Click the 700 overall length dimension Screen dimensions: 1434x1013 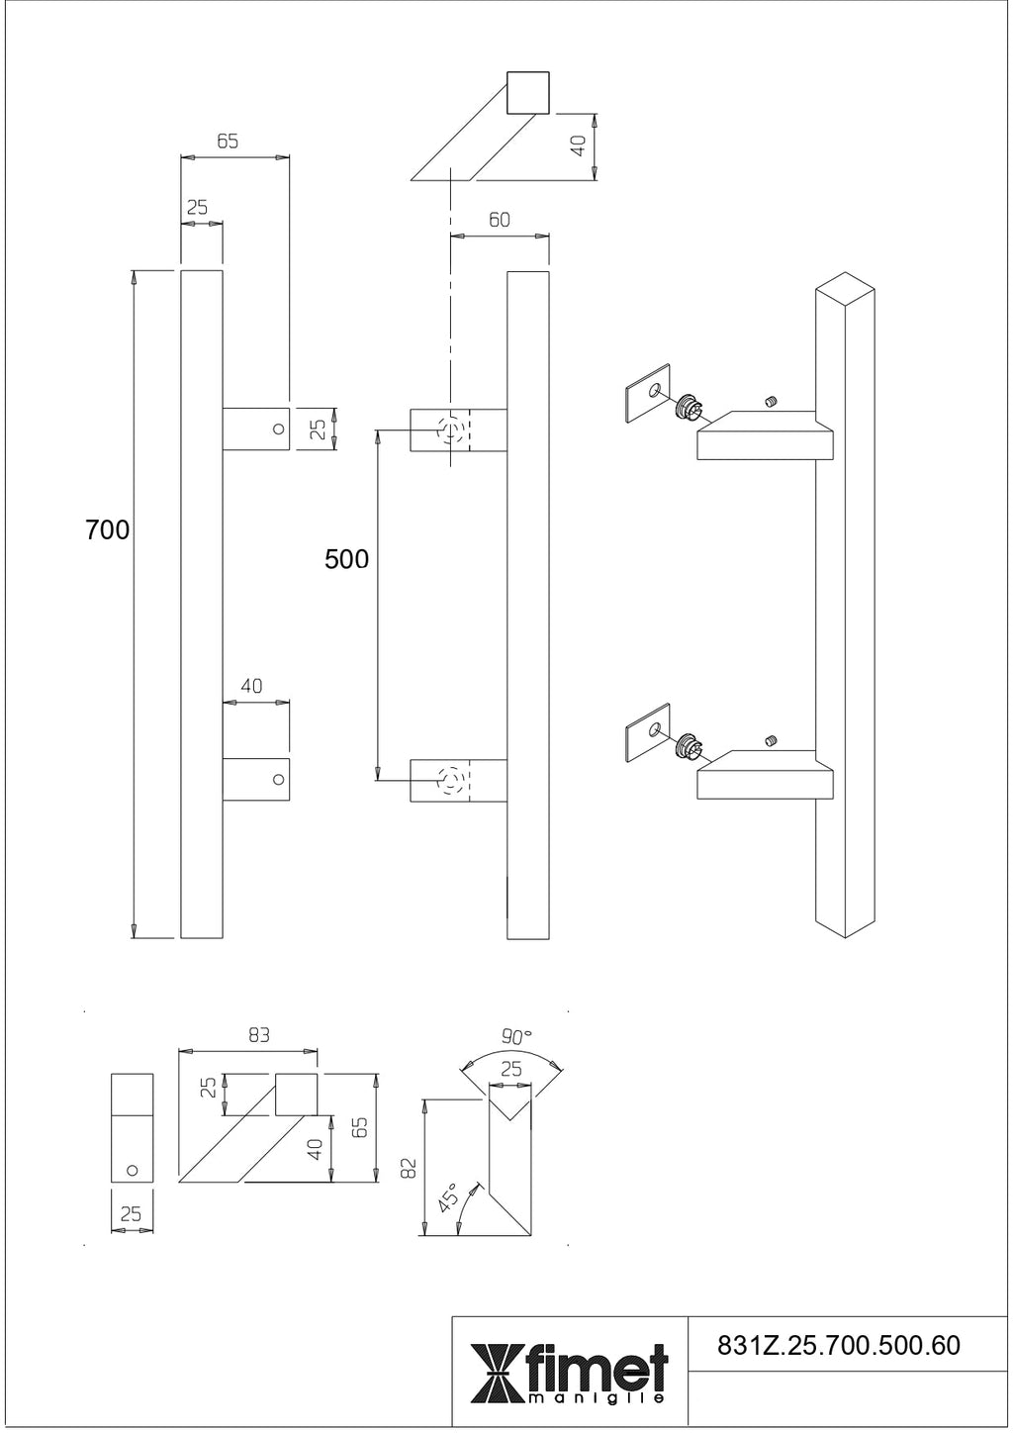coord(107,530)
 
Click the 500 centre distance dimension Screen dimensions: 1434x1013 coord(346,559)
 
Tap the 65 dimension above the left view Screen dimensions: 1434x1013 coord(228,142)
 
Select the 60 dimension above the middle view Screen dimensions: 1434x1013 coord(500,220)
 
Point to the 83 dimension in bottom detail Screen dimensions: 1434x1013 coord(259,1035)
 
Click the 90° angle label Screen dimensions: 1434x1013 coord(516,1037)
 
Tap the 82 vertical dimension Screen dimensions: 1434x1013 coord(410,1167)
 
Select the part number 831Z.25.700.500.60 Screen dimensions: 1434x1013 coord(837,1345)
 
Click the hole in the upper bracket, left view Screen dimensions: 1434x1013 coord(278,429)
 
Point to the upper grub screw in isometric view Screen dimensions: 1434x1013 coord(772,401)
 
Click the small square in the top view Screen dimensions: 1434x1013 coord(527,93)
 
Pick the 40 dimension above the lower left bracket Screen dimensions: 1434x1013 coord(251,685)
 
